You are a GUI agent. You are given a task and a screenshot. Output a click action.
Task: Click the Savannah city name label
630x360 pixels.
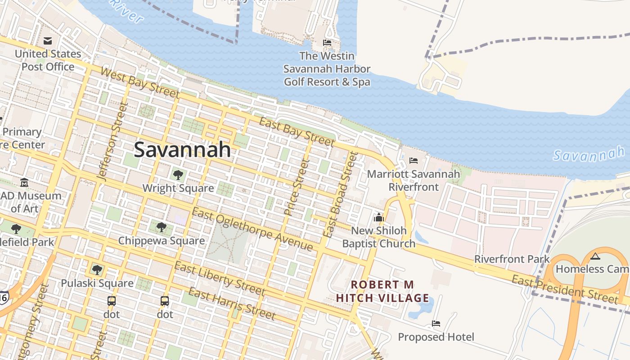pos(183,149)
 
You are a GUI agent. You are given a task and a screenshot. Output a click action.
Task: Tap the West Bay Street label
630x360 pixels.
pos(139,82)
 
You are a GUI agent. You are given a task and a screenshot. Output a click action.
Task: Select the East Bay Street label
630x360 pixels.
pos(297,132)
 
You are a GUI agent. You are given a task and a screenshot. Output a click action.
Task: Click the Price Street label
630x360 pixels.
pos(295,187)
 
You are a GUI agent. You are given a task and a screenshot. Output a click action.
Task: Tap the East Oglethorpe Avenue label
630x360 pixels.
pos(252,229)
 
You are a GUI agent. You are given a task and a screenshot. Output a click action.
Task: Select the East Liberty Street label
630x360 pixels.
pos(220,279)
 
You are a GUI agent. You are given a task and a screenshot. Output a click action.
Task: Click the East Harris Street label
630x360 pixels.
pos(231,304)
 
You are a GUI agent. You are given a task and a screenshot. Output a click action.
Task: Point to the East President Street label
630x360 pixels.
pos(565,289)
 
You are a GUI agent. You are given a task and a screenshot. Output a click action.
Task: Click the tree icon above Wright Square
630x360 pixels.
pos(178,175)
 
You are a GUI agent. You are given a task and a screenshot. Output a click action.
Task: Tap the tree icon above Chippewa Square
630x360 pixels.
pos(162,227)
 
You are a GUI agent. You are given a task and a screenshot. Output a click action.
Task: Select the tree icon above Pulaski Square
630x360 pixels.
pos(97,270)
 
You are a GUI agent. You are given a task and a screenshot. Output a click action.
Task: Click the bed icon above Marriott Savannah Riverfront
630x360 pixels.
pos(414,161)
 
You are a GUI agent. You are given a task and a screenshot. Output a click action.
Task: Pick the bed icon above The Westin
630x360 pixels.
pos(327,43)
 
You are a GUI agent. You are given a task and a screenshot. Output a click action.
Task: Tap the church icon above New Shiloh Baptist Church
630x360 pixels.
pos(378,218)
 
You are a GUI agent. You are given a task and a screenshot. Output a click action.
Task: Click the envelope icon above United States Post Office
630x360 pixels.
pos(48,41)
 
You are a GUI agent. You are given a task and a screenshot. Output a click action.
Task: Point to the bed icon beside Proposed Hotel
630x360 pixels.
pos(436,323)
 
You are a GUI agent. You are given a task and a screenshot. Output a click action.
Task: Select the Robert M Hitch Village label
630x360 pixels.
pos(382,291)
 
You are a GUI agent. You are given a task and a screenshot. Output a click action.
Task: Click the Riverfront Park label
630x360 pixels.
pos(512,259)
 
